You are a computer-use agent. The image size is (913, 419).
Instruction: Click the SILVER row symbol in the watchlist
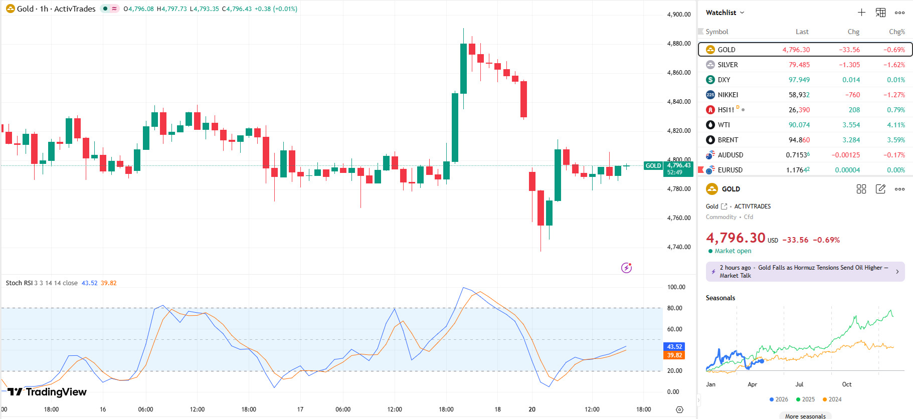click(x=727, y=65)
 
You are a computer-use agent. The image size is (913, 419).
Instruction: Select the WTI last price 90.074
click(x=799, y=125)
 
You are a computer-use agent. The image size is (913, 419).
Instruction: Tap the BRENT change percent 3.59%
click(x=896, y=140)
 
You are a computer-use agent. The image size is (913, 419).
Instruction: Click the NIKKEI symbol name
click(x=727, y=95)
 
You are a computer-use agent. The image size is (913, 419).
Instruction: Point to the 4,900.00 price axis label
click(x=679, y=15)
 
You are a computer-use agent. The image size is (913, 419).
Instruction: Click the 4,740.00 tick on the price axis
click(x=679, y=247)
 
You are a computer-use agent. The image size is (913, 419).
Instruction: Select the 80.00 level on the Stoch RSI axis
click(x=674, y=308)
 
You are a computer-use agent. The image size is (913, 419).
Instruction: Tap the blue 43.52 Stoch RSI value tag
click(x=674, y=347)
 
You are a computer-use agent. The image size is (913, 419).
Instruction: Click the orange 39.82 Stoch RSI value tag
click(x=674, y=355)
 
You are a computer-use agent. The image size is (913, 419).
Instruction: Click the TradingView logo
click(x=47, y=392)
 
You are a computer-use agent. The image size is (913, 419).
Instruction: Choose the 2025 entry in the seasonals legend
click(x=805, y=399)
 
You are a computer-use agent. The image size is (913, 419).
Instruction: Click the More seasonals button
click(x=805, y=416)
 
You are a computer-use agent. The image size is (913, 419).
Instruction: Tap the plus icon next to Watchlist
click(x=861, y=13)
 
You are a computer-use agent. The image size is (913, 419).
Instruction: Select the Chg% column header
click(x=896, y=32)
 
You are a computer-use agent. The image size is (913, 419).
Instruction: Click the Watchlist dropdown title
click(x=724, y=13)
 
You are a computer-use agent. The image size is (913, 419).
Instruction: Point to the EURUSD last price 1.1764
click(x=797, y=170)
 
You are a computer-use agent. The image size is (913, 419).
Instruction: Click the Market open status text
click(x=733, y=251)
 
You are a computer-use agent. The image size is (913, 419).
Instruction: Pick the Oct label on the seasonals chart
click(x=846, y=384)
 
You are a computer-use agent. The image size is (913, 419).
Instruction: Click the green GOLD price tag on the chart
click(x=653, y=166)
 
